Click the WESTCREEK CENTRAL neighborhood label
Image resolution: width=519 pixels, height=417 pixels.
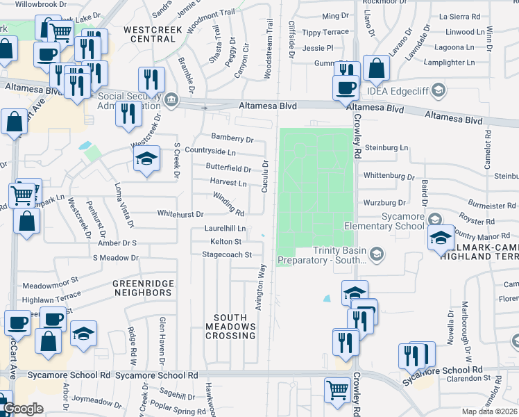click(x=149, y=34)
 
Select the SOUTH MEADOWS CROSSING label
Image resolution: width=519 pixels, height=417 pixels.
click(x=230, y=327)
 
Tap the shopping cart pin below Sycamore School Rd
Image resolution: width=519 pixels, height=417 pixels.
click(x=338, y=389)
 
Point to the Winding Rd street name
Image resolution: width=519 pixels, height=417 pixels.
click(x=228, y=204)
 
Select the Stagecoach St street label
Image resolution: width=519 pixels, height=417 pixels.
click(x=226, y=255)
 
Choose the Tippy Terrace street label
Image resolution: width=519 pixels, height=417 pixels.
click(x=325, y=33)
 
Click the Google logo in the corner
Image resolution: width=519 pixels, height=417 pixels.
click(x=23, y=409)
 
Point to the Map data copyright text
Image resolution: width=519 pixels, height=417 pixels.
click(x=491, y=411)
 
